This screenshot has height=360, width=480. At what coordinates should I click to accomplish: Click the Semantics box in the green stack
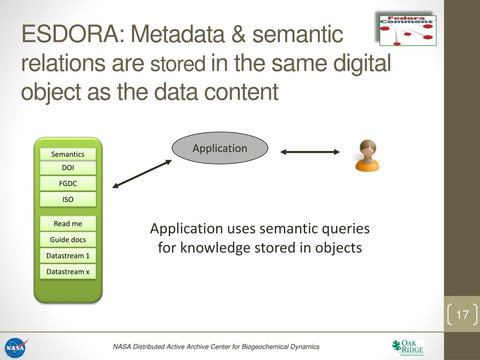point(68,154)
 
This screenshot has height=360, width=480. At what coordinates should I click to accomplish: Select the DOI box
point(68,168)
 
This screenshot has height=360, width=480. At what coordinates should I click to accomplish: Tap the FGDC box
point(68,184)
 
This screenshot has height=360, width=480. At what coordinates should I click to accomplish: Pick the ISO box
point(68,200)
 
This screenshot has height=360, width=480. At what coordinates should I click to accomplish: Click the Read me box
point(68,224)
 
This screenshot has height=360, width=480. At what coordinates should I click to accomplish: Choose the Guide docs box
point(68,240)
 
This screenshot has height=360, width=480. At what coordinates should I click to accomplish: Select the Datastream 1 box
point(68,255)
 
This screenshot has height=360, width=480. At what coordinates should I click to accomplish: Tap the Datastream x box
point(68,271)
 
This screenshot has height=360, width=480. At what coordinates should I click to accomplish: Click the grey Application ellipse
point(220,148)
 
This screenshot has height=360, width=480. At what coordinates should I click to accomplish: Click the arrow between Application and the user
point(310,151)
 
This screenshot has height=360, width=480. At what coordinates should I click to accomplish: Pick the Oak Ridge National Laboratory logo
point(407,348)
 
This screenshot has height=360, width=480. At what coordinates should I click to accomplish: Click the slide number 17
point(462,315)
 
